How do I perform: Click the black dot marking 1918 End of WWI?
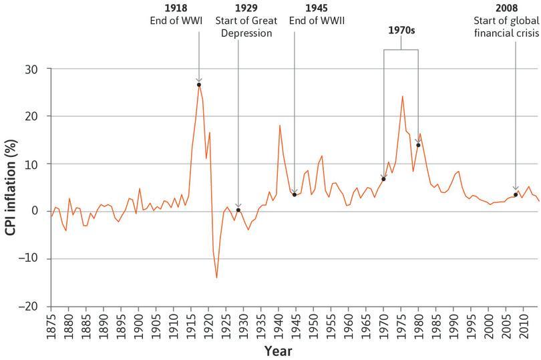pyautogui.click(x=199, y=85)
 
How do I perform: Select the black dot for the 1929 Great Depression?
pyautogui.click(x=238, y=210)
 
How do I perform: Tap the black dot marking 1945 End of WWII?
pyautogui.click(x=295, y=194)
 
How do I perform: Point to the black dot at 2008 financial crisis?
pyautogui.click(x=516, y=195)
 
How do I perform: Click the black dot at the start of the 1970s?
pyautogui.click(x=383, y=179)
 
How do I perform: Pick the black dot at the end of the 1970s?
pyautogui.click(x=418, y=145)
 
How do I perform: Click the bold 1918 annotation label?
pyautogui.click(x=176, y=9)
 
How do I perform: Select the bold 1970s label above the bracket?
pyautogui.click(x=401, y=31)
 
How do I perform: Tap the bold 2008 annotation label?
pyautogui.click(x=516, y=9)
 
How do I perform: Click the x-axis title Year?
pyautogui.click(x=277, y=350)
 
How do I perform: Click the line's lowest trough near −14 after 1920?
pyautogui.click(x=216, y=277)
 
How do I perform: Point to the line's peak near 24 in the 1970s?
pyautogui.click(x=402, y=96)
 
